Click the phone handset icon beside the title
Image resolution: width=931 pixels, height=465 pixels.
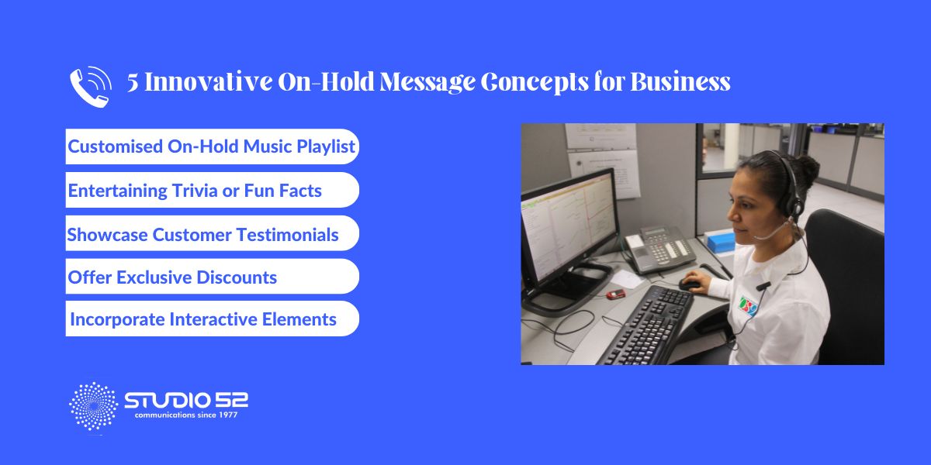click(90, 87)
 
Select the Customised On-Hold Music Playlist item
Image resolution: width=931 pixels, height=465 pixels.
click(212, 146)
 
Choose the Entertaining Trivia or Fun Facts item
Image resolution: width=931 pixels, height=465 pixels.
click(212, 190)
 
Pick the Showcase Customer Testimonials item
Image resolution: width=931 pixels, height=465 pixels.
click(212, 233)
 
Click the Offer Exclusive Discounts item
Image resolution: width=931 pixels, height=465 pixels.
click(212, 277)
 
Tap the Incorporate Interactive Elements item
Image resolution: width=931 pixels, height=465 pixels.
click(212, 319)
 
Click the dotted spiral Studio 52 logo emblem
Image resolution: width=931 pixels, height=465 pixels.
click(94, 406)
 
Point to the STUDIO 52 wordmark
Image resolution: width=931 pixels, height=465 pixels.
click(186, 400)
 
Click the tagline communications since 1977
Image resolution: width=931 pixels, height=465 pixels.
click(186, 415)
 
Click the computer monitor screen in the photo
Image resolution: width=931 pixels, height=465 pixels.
click(568, 227)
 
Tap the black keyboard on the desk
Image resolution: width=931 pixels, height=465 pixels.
click(647, 325)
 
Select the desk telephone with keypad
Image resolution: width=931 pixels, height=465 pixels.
click(660, 249)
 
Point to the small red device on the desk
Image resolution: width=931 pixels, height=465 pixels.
click(615, 294)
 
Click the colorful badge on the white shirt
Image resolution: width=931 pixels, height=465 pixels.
click(748, 306)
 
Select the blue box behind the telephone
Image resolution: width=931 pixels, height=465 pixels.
click(720, 242)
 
